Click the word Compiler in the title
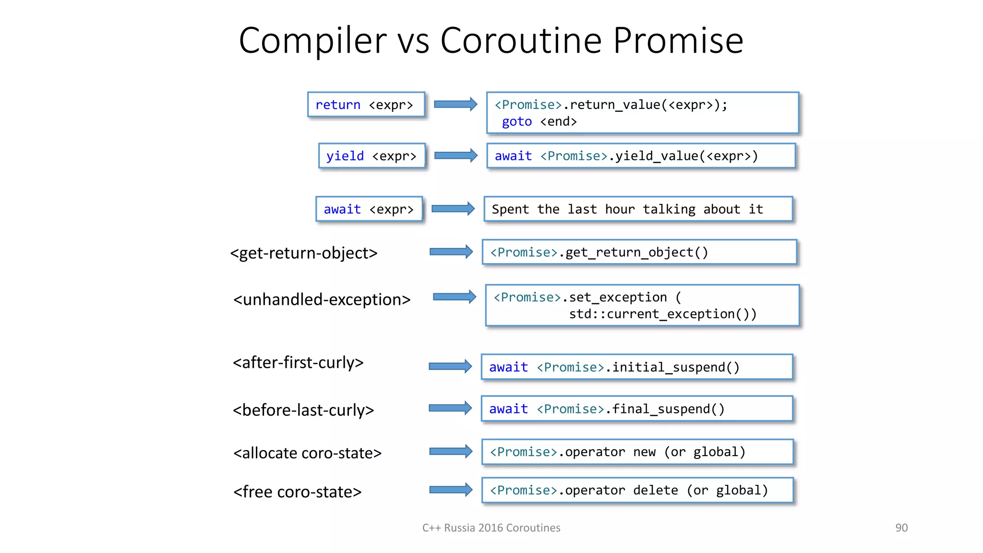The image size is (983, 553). [312, 41]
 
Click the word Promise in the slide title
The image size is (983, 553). [678, 41]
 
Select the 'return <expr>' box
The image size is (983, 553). [366, 105]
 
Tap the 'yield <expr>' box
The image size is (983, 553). [372, 156]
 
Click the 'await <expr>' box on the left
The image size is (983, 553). [369, 209]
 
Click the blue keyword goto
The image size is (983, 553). [516, 121]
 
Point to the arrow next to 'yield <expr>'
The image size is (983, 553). [456, 156]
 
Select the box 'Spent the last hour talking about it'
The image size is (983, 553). [638, 209]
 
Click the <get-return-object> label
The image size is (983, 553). [304, 252]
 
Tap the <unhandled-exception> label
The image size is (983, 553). [322, 300]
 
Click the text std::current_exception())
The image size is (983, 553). [662, 314]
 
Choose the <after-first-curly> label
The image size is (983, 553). [298, 362]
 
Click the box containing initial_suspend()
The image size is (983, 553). [637, 367]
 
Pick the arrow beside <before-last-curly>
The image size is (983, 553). [450, 408]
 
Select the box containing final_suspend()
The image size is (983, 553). [637, 409]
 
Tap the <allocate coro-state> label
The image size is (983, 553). [307, 453]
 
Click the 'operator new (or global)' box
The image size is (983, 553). [637, 452]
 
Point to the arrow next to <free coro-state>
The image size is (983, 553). [451, 490]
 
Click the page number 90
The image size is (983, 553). [901, 528]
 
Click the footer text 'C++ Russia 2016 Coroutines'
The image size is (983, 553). [491, 528]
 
